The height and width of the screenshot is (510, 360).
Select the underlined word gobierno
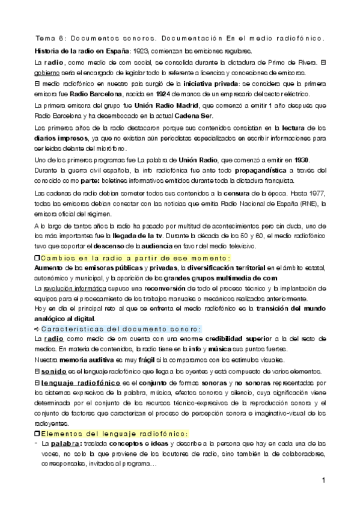pyautogui.click(x=45, y=72)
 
